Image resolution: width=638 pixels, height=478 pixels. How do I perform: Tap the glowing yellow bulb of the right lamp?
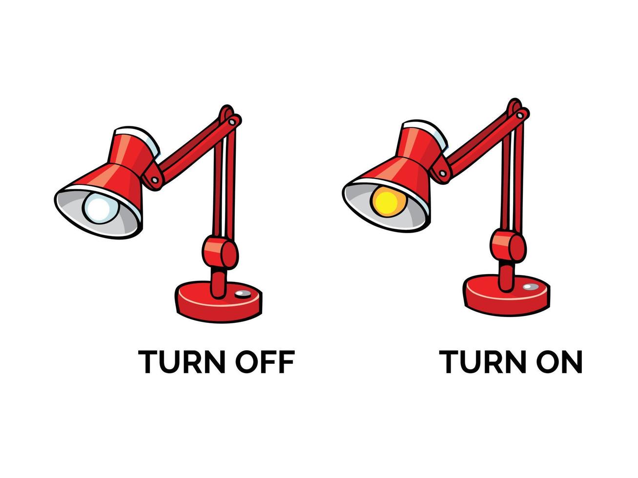tap(388, 201)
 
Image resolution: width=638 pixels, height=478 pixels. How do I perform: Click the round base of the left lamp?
tap(218, 305)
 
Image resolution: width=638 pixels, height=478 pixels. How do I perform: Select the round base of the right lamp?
tap(506, 298)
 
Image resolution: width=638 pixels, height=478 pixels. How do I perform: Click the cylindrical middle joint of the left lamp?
tap(220, 251)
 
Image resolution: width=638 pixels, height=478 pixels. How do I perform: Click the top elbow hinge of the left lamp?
tap(230, 117)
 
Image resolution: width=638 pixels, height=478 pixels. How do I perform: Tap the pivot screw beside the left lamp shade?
tap(155, 179)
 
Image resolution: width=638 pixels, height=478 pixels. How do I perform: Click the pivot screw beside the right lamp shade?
tap(443, 173)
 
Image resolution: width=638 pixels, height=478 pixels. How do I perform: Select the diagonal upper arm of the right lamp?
tap(478, 142)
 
